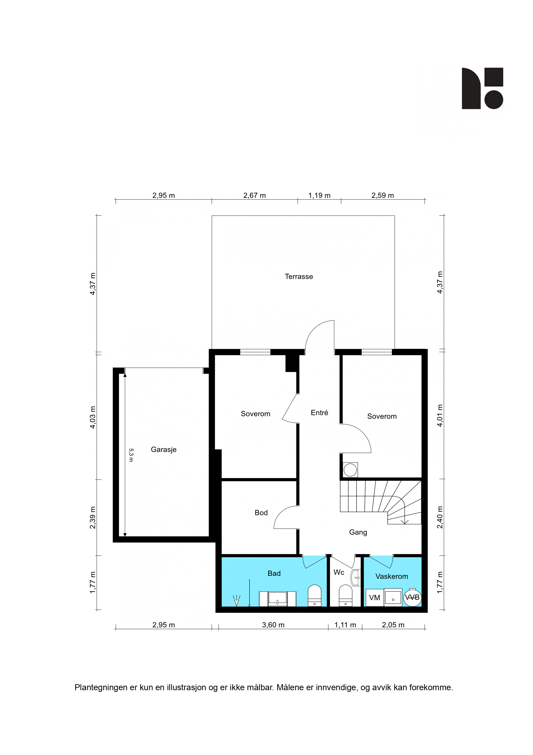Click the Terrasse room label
click(299, 277)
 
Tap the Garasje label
click(164, 450)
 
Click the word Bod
click(261, 513)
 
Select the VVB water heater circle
click(412, 597)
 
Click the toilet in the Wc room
click(345, 596)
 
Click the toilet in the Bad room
click(314, 596)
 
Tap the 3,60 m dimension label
click(273, 625)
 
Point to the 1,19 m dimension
click(319, 195)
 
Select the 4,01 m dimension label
click(440, 416)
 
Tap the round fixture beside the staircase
click(350, 470)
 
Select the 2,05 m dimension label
click(393, 625)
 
